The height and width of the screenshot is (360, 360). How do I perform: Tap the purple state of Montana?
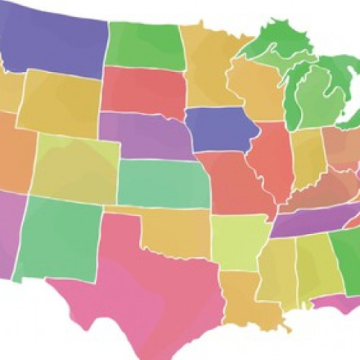[58, 43]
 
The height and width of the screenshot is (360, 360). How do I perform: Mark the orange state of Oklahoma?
[176, 230]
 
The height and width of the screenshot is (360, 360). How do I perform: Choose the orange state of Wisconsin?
[256, 90]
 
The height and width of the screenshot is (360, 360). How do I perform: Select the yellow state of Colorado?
[76, 169]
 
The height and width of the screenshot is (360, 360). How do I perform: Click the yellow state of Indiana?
[308, 155]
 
